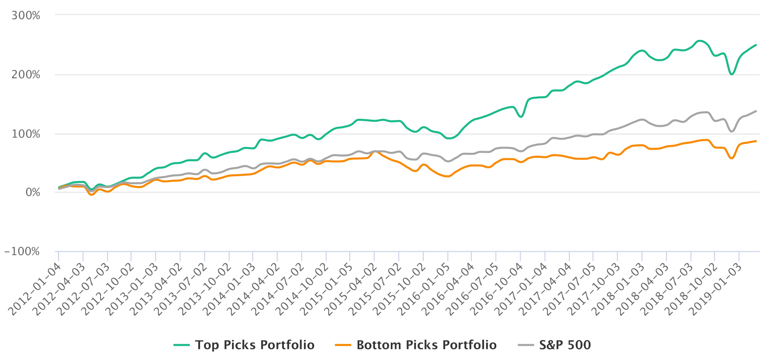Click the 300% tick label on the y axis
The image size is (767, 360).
click(26, 16)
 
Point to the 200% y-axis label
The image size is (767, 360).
click(26, 75)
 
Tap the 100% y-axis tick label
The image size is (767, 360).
click(26, 134)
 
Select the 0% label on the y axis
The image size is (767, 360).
click(33, 193)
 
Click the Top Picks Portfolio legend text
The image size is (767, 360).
click(255, 345)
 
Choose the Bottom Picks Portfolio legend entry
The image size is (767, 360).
click(426, 345)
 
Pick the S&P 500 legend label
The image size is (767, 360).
click(565, 345)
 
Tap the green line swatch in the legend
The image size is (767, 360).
click(182, 345)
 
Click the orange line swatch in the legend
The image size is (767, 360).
click(343, 345)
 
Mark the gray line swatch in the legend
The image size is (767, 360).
click(526, 345)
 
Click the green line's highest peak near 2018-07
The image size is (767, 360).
click(699, 41)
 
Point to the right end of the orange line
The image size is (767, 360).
click(756, 141)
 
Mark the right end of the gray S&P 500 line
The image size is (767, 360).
click(756, 111)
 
